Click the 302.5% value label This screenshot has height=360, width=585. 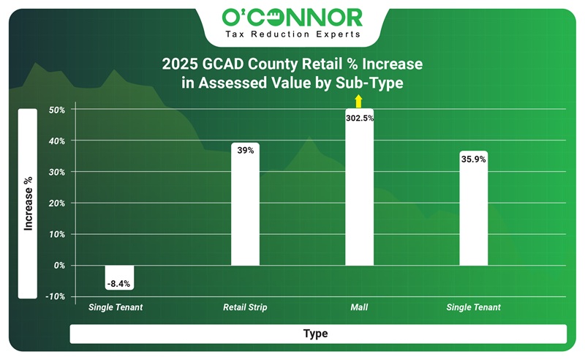pos(359,118)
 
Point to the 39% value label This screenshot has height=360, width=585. pos(245,150)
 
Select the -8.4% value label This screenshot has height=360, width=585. pos(119,283)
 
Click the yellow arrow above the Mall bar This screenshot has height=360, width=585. pos(358,102)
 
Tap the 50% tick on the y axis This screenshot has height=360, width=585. pos(57,110)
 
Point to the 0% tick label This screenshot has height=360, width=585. pos(59,266)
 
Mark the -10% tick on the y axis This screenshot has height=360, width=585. pos(56,296)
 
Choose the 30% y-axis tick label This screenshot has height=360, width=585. pos(57,172)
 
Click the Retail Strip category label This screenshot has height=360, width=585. pos(245,307)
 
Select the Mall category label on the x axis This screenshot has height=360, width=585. pos(359,307)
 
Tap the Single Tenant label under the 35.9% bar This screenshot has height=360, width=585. pos(473,307)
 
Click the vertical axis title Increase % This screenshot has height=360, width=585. pos(28,203)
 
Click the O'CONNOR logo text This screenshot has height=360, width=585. pos(291,16)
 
